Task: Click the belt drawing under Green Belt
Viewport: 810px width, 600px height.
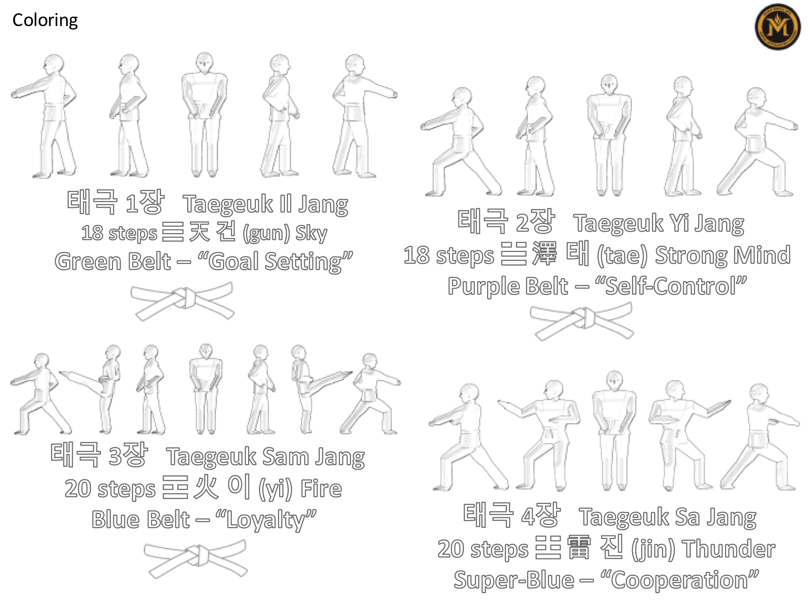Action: click(182, 301)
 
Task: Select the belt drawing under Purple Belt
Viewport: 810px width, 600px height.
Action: click(582, 321)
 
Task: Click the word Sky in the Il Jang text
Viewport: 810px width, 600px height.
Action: click(311, 233)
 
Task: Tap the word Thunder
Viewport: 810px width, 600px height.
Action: click(729, 549)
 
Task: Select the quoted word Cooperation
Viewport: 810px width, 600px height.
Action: click(679, 580)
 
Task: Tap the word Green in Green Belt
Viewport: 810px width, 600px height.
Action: click(88, 262)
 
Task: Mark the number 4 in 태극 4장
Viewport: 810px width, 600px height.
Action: click(528, 516)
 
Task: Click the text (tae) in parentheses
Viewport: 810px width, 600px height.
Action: click(622, 256)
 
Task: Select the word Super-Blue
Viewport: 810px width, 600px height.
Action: click(514, 580)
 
